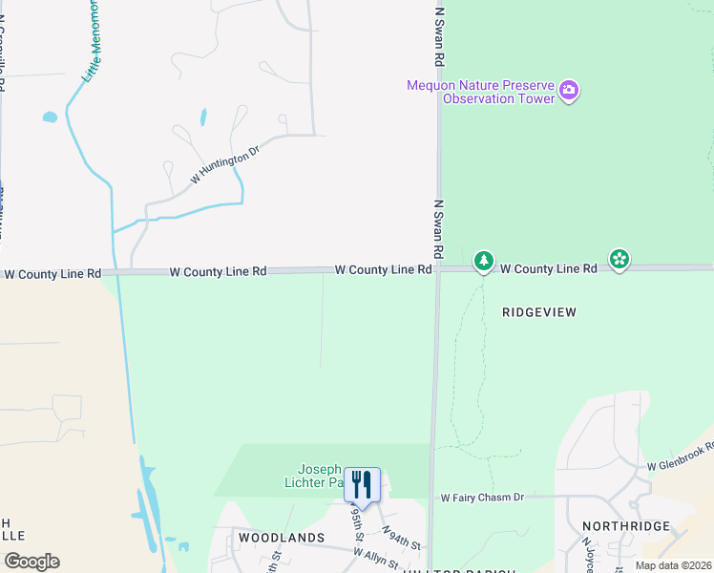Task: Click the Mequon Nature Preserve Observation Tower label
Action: pos(481,92)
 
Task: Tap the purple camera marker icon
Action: pos(569,91)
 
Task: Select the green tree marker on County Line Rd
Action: pos(484,261)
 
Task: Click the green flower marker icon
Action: pos(619,259)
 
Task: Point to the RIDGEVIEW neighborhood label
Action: pos(541,312)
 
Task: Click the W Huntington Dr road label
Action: pos(225,165)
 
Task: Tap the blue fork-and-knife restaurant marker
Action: pos(362,484)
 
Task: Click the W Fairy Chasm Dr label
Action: pos(482,498)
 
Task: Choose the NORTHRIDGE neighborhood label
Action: pos(626,527)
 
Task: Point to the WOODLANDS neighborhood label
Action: pos(282,538)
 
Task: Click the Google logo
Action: pos(31,561)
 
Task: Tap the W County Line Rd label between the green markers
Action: pos(549,269)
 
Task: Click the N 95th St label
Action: pos(355,523)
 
